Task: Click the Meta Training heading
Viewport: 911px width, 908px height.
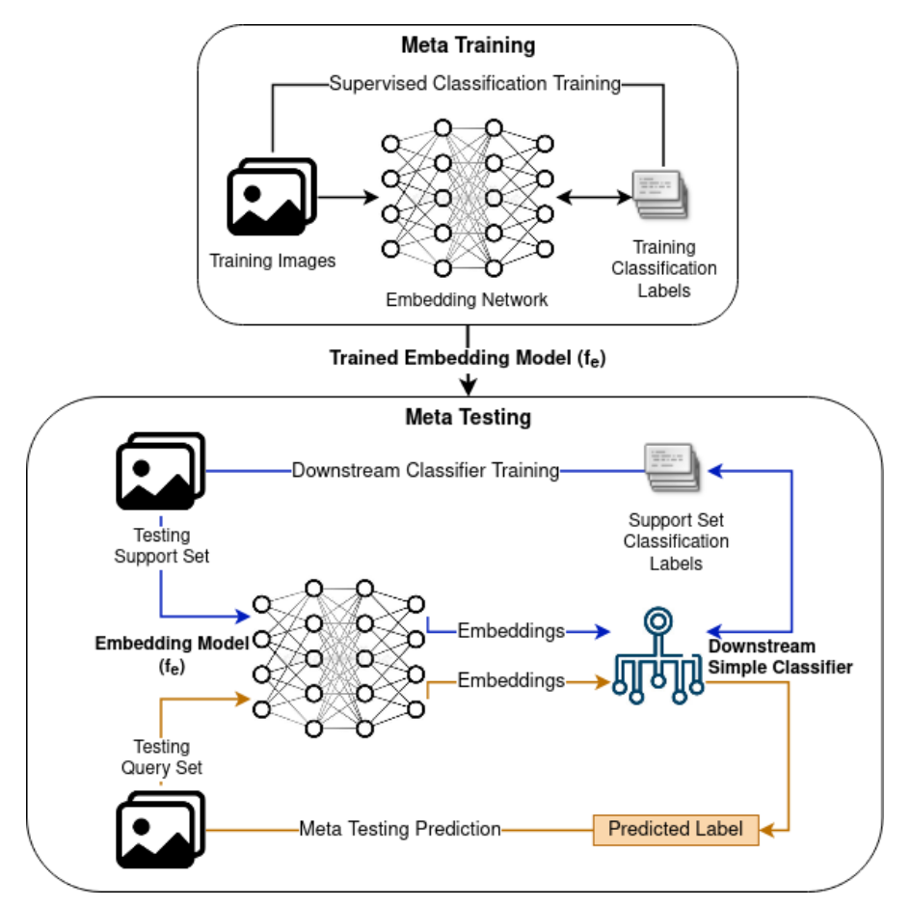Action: (x=468, y=44)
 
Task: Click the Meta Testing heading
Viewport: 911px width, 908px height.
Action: (x=468, y=417)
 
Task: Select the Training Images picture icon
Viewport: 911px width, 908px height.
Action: (x=271, y=197)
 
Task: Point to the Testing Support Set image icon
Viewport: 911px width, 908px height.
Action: (x=160, y=470)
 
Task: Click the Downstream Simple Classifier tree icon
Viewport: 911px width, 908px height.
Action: (x=659, y=655)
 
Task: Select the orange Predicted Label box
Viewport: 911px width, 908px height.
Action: (x=676, y=829)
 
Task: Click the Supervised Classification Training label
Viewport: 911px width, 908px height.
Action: (x=474, y=83)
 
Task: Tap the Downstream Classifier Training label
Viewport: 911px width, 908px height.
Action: (x=425, y=471)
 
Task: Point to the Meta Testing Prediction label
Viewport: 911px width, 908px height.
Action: (x=400, y=829)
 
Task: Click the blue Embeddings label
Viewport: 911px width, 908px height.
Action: (x=510, y=631)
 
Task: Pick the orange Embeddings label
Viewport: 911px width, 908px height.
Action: (x=510, y=680)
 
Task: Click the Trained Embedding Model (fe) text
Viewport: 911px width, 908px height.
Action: (x=468, y=357)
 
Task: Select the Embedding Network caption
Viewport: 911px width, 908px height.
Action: (x=467, y=300)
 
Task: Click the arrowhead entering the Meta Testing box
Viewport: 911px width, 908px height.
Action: (x=469, y=387)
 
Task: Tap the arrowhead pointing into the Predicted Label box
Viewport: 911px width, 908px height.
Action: (x=768, y=829)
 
